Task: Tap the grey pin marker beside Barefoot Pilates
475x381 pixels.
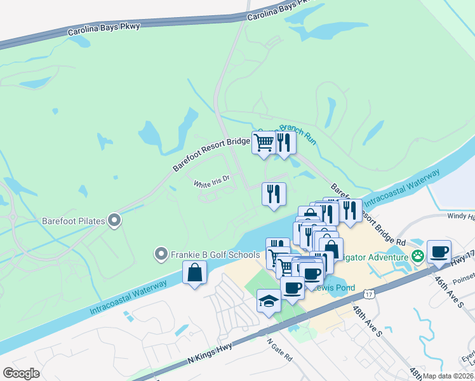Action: click(114, 221)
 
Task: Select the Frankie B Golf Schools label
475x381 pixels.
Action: click(215, 255)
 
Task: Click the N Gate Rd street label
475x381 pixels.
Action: click(279, 349)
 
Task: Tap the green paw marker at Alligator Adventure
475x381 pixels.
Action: click(418, 257)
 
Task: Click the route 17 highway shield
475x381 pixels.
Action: click(369, 293)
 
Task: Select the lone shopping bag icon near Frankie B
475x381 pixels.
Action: click(194, 273)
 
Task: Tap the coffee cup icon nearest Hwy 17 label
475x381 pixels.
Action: click(439, 251)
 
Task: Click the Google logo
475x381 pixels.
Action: click(22, 373)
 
